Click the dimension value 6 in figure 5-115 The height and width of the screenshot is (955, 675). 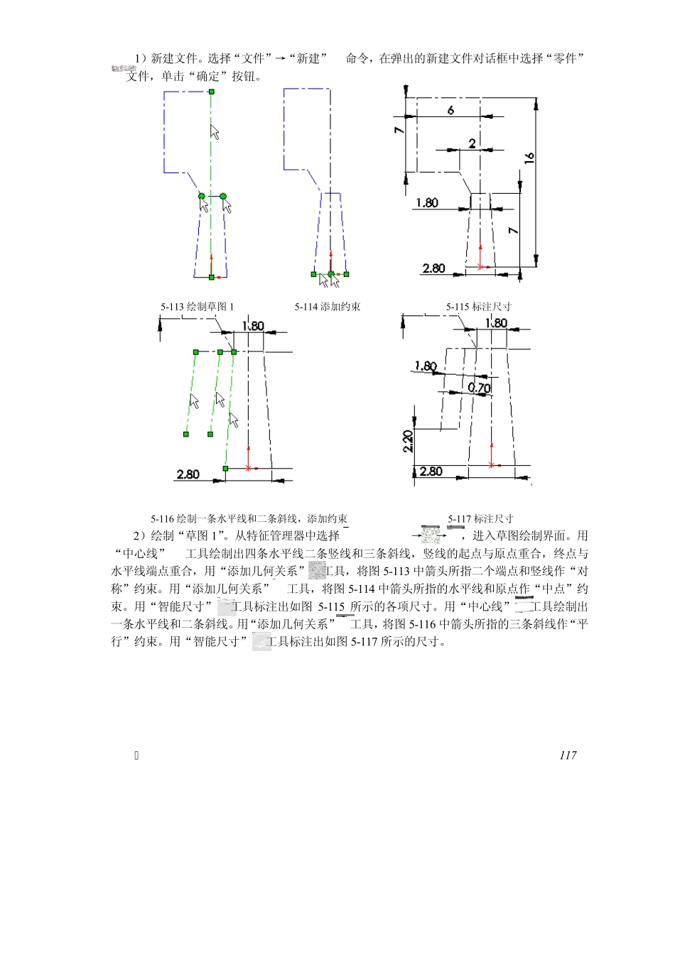[x=450, y=110]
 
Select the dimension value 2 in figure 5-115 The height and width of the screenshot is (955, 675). [x=472, y=143]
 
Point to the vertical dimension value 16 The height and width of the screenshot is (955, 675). [x=529, y=158]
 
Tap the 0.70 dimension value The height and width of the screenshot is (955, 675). [x=480, y=388]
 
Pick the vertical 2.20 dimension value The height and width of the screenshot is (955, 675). [x=408, y=442]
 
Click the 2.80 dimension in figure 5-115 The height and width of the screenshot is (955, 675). [x=433, y=268]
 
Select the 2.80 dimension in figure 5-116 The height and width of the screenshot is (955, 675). [x=188, y=474]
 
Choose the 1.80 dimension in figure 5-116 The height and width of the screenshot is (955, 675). [x=253, y=326]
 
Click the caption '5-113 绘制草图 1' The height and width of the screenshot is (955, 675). [x=197, y=307]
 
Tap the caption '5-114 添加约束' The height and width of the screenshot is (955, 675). [x=328, y=307]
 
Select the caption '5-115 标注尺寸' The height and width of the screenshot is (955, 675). [x=479, y=307]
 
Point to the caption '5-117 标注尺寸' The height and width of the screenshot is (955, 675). [x=480, y=519]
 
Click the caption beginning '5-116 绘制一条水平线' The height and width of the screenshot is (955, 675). [x=249, y=519]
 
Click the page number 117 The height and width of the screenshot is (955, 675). [x=568, y=755]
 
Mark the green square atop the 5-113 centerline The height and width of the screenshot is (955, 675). [x=212, y=92]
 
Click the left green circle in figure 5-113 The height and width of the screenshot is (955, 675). [x=202, y=196]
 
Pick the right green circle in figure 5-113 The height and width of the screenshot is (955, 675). [x=223, y=196]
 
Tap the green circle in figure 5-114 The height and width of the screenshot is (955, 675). [x=330, y=273]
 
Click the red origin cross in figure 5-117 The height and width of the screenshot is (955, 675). [x=491, y=465]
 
